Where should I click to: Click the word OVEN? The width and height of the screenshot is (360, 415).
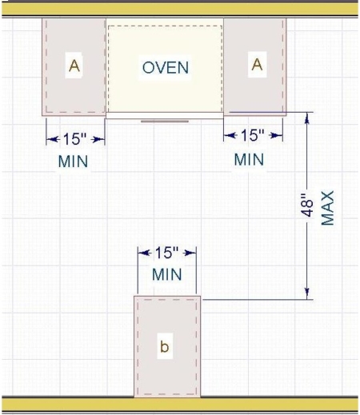pyautogui.click(x=165, y=67)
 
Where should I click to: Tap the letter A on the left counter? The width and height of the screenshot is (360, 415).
pyautogui.click(x=74, y=66)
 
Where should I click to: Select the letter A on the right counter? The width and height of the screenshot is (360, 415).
pyautogui.click(x=256, y=65)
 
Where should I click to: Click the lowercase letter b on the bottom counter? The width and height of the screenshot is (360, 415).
pyautogui.click(x=165, y=346)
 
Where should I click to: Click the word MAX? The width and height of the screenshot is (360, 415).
pyautogui.click(x=328, y=207)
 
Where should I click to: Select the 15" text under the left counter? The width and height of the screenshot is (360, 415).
pyautogui.click(x=74, y=138)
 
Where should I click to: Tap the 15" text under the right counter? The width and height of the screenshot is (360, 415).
pyautogui.click(x=252, y=137)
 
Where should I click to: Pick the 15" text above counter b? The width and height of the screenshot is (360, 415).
pyautogui.click(x=166, y=253)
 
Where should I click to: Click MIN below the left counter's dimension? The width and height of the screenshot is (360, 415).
pyautogui.click(x=73, y=161)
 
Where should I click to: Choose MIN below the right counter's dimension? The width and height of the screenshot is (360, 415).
pyautogui.click(x=249, y=159)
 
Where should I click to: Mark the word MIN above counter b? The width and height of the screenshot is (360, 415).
pyautogui.click(x=166, y=275)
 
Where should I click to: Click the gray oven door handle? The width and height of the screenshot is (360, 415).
pyautogui.click(x=166, y=122)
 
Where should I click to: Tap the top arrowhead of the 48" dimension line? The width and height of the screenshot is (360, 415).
pyautogui.click(x=306, y=117)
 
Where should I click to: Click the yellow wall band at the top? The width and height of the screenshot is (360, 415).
pyautogui.click(x=180, y=8)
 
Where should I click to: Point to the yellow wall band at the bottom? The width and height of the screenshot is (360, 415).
pyautogui.click(x=180, y=405)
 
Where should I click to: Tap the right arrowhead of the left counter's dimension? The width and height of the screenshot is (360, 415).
pyautogui.click(x=100, y=138)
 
